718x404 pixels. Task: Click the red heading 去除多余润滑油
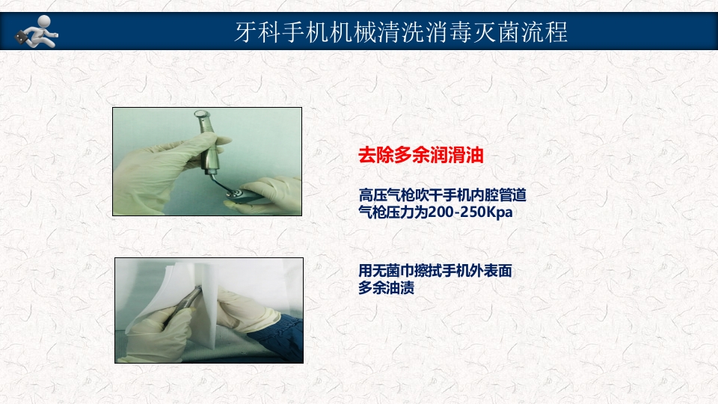click(421, 156)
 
